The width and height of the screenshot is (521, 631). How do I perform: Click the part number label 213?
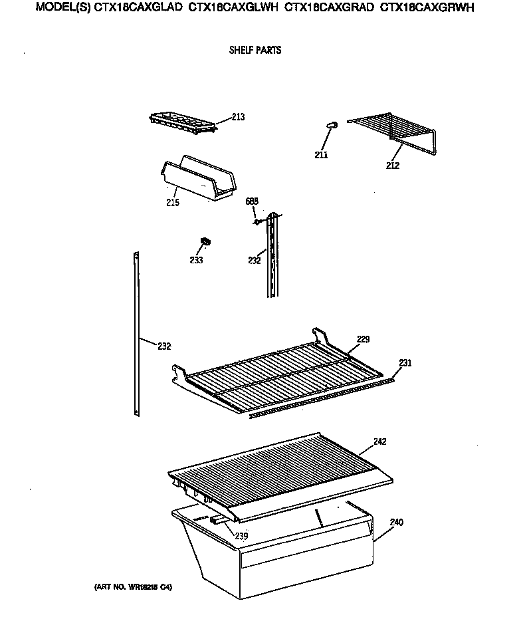pos(238,117)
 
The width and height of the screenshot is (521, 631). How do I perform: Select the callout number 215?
pos(173,203)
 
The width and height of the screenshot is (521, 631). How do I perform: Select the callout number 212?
pos(392,166)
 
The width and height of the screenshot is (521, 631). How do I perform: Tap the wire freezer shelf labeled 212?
pos(392,130)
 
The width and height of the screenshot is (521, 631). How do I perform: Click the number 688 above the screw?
pos(251,201)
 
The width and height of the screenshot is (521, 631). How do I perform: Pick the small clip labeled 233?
pos(206,241)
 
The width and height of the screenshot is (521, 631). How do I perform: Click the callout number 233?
pos(197,260)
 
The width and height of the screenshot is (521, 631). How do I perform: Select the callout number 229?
pos(362,339)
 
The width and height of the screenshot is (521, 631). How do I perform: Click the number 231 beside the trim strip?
pos(405,363)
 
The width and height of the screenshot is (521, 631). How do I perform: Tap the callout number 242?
pos(379,442)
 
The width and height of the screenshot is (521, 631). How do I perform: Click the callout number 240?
pos(396,522)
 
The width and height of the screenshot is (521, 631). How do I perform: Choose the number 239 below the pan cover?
pos(241,536)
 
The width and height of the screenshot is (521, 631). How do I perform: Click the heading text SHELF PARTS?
pos(255,51)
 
